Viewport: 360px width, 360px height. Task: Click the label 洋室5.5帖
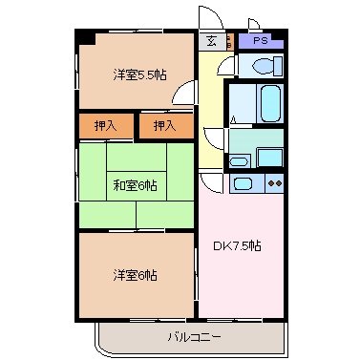139,74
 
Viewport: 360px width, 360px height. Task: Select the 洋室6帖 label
135,275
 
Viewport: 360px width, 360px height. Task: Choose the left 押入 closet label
107,125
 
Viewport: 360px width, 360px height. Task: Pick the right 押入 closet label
165,125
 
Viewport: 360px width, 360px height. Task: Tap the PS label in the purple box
261,41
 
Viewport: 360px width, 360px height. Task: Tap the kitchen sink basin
244,183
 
